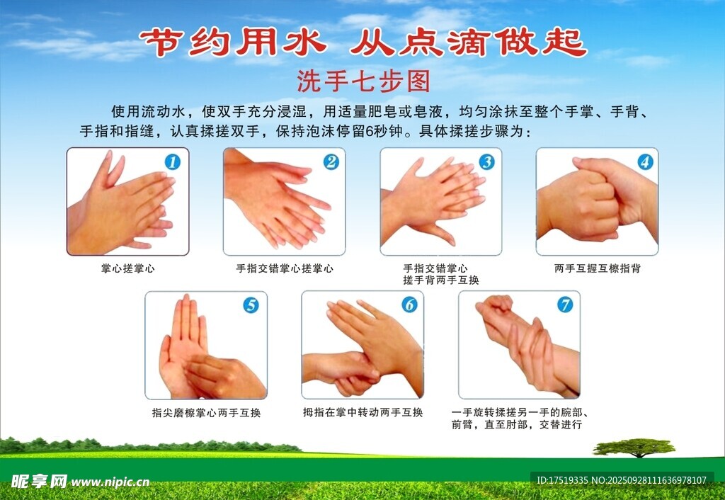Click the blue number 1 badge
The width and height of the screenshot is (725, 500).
point(173,162)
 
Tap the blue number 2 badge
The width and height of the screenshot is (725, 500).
point(331,162)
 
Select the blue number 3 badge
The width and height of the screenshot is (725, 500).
point(486,162)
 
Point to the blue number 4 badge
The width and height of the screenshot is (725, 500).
point(645,162)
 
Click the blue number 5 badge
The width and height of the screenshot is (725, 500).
point(251,305)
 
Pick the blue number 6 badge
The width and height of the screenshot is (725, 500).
point(409,305)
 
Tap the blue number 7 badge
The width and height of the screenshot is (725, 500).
point(564,305)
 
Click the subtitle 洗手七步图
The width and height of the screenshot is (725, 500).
point(363,81)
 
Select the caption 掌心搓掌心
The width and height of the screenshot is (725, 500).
point(128,268)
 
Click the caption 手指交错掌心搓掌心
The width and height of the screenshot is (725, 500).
point(285,268)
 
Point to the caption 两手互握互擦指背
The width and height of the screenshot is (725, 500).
point(598,268)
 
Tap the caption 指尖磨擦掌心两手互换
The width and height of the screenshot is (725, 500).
point(206,413)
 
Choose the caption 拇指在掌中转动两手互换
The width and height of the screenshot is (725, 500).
point(363,412)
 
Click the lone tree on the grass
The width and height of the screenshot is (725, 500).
point(634,448)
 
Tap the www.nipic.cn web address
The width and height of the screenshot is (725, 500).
point(110,482)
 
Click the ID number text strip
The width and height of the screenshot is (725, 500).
point(622,480)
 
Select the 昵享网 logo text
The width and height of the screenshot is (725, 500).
point(40,482)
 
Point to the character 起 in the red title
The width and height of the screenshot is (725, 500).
point(564,42)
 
